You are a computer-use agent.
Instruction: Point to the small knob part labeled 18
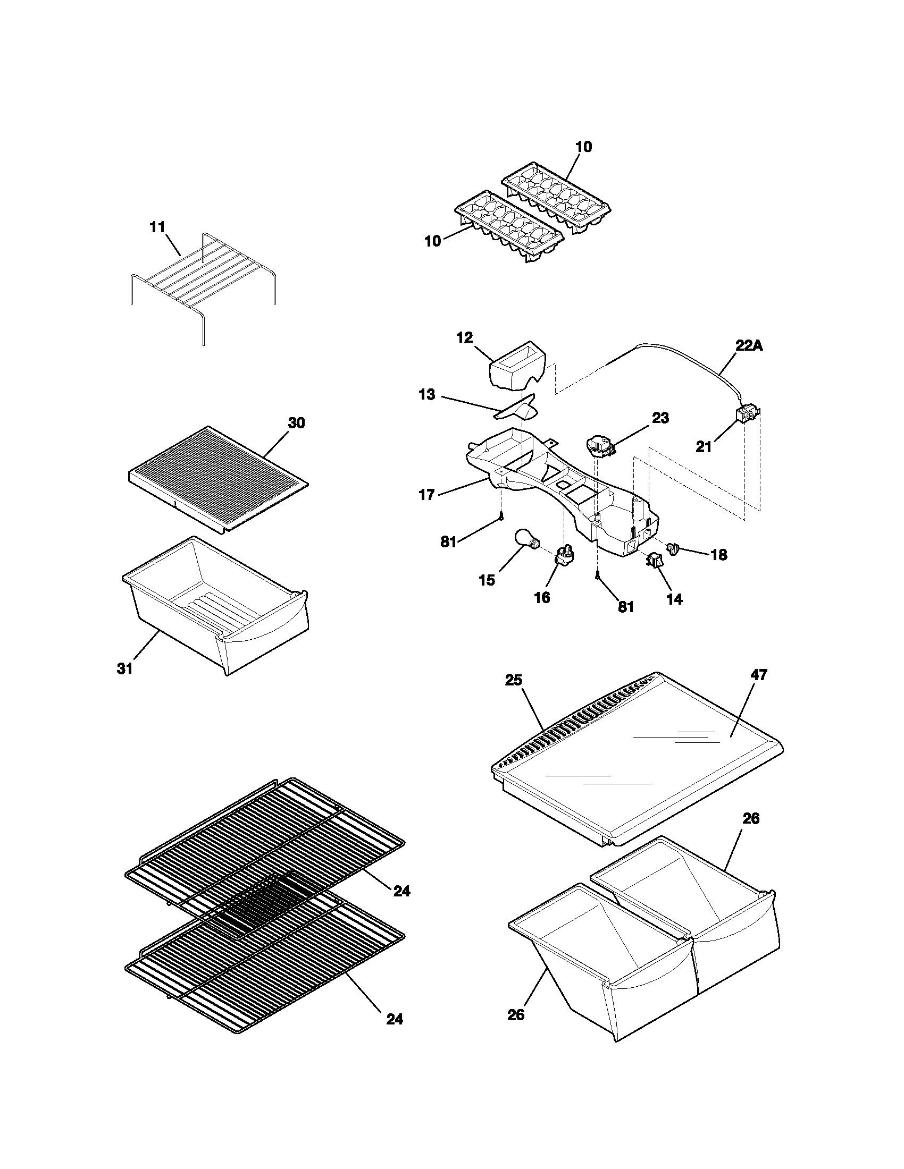[673, 547]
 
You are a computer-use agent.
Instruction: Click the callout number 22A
[749, 346]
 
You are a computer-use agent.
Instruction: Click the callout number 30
[296, 423]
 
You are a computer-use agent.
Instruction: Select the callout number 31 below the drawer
[125, 668]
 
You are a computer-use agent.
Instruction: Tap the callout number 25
[513, 680]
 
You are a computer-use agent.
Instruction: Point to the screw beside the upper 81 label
[501, 516]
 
